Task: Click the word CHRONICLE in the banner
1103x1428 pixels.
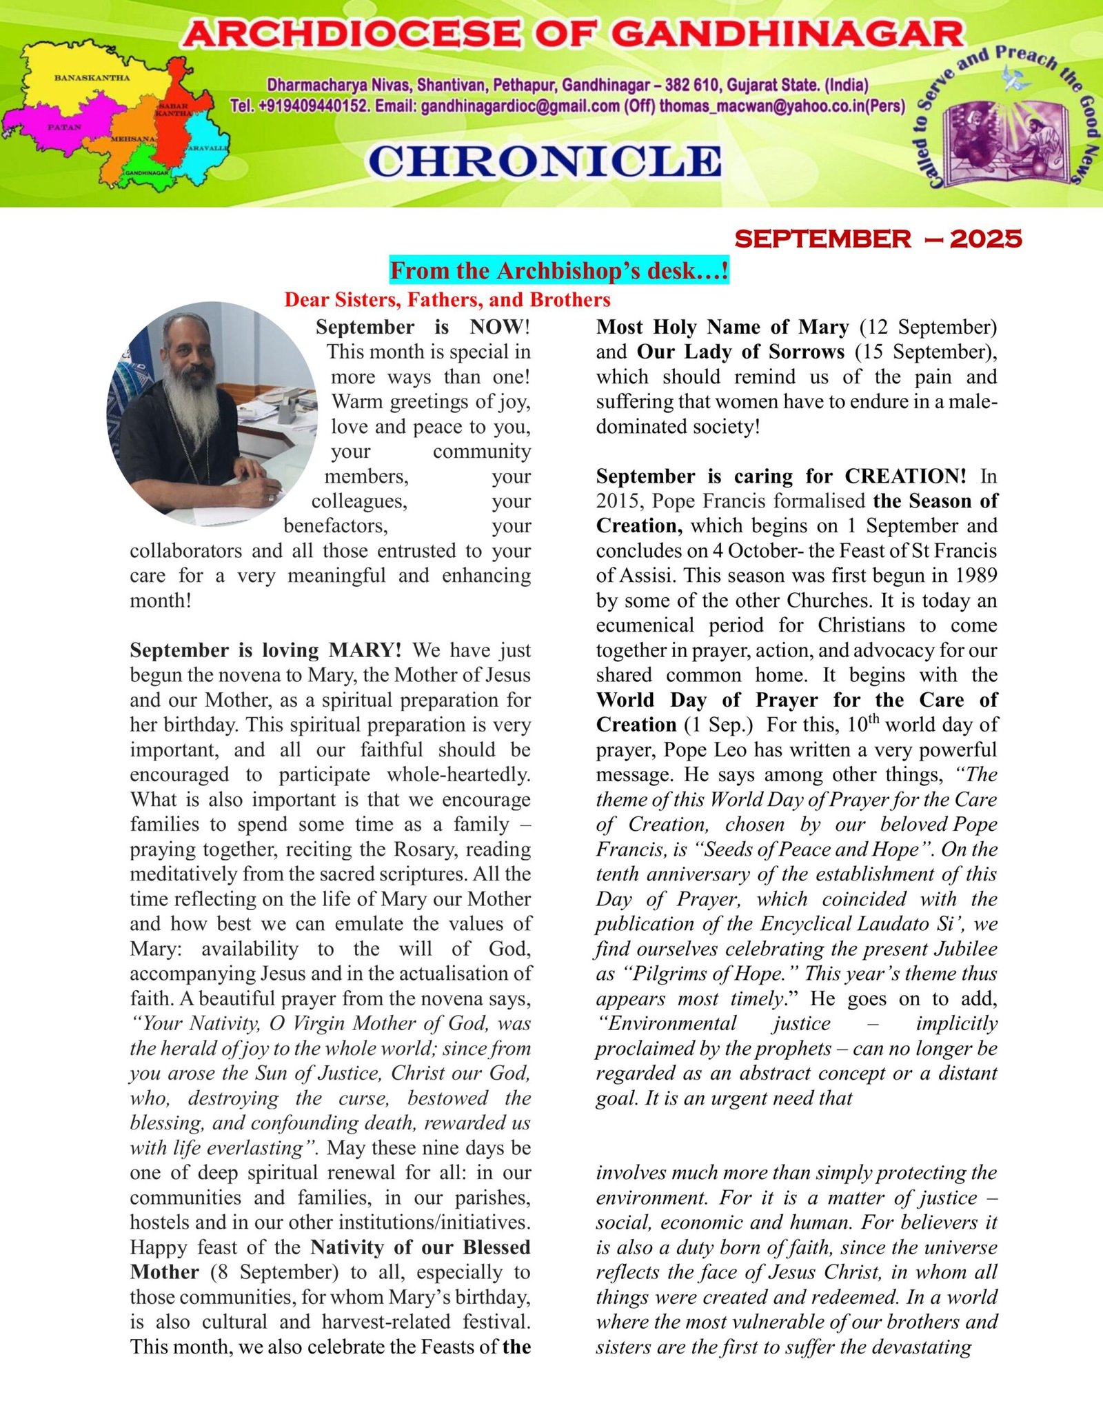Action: coord(545,161)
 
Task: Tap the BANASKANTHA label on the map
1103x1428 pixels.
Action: coord(92,78)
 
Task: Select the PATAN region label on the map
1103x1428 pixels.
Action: coord(64,128)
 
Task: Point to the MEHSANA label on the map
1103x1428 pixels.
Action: coord(133,140)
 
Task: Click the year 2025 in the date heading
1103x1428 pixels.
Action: coord(986,239)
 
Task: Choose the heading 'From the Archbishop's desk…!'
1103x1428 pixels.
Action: coord(559,270)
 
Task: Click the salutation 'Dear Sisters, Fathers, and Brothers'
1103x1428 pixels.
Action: coord(447,300)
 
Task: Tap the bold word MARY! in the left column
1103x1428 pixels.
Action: coord(365,650)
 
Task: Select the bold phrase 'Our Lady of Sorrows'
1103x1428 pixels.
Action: coord(740,352)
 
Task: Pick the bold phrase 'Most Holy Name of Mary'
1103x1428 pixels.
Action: coord(722,327)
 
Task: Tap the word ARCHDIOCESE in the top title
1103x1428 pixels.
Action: coord(353,34)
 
